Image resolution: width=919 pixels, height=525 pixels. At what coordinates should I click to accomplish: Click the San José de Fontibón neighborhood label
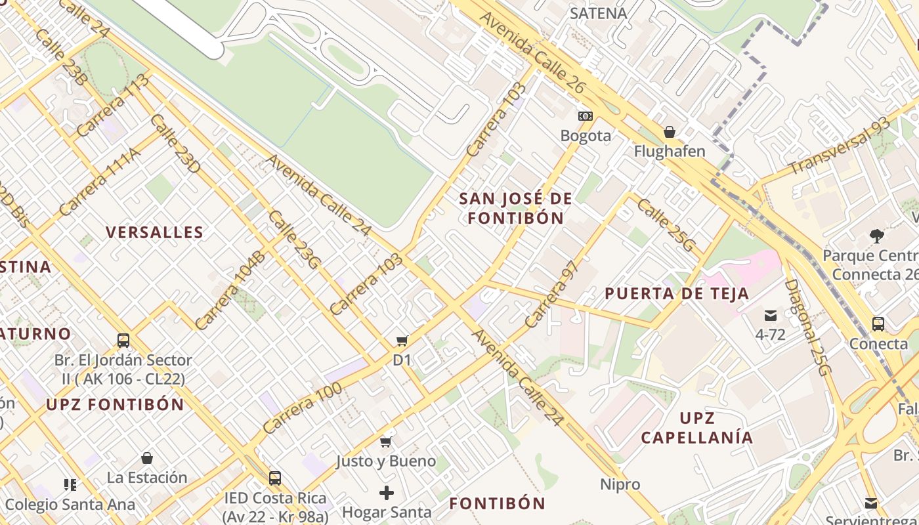(515, 208)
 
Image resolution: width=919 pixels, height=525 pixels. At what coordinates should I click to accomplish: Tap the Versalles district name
(155, 232)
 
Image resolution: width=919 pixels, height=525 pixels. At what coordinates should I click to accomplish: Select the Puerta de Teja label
(677, 293)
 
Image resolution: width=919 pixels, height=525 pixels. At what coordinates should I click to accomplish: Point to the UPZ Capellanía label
(696, 428)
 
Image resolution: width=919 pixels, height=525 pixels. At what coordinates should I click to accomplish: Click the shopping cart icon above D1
(402, 341)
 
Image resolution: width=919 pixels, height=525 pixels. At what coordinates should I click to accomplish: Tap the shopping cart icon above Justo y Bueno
(386, 442)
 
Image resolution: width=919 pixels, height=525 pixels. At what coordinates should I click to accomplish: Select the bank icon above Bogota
(586, 116)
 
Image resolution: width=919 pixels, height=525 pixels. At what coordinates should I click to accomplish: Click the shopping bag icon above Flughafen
(670, 132)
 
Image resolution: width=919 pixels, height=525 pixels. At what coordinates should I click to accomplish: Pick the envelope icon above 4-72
(770, 316)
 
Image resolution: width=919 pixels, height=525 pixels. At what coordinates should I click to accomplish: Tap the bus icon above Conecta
(878, 324)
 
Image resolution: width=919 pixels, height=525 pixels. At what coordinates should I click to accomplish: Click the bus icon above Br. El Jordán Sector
(123, 341)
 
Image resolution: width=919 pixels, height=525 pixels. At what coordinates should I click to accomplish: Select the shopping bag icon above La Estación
(147, 457)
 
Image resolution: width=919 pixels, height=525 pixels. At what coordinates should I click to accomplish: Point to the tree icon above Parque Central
(876, 236)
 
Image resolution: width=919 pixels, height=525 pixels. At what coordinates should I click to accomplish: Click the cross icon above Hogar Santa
(387, 492)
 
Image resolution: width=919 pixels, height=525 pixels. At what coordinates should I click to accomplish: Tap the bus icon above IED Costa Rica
(274, 478)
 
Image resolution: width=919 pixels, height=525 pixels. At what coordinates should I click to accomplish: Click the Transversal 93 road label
(840, 146)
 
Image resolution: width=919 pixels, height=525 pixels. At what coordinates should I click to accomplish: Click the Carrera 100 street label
(303, 408)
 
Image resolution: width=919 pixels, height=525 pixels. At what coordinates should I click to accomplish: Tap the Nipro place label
(620, 484)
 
